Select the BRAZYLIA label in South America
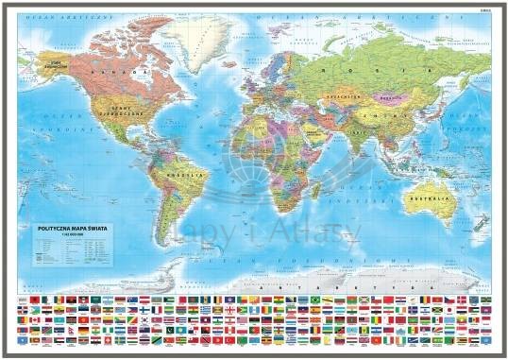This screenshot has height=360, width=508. pyautogui.click(x=194, y=177)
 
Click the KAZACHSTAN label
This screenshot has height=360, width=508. pyautogui.click(x=342, y=96)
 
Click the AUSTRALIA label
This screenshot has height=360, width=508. pyautogui.click(x=430, y=199)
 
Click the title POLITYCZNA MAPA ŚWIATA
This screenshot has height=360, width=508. pyautogui.click(x=67, y=227)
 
